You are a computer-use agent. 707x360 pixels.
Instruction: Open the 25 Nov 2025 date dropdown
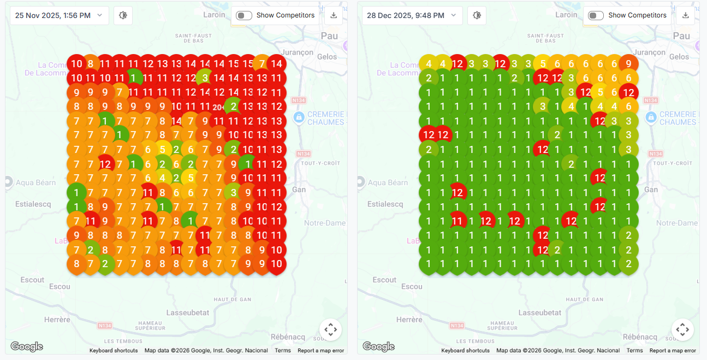(59, 15)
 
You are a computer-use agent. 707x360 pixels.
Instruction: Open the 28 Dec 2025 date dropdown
(412, 15)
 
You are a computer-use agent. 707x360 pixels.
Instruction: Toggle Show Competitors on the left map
(243, 15)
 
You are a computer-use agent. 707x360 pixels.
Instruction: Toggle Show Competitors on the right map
(596, 15)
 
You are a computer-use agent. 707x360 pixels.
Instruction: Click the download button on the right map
(685, 15)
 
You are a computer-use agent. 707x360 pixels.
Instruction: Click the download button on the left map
(333, 15)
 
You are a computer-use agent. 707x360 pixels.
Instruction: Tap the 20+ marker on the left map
(219, 107)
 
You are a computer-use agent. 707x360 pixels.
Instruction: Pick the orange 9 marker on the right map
(628, 64)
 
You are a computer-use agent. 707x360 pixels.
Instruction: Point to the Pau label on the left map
(329, 36)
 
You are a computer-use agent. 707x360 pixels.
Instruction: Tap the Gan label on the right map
(651, 190)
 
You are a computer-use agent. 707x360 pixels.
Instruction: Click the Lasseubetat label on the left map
(187, 312)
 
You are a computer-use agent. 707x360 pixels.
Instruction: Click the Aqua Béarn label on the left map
(36, 182)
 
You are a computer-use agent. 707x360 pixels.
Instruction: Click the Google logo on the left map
(27, 346)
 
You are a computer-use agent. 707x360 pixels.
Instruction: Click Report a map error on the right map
(673, 351)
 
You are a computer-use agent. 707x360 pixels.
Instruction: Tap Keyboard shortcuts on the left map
(114, 351)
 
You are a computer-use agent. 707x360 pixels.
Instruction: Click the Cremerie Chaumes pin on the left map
(299, 117)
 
